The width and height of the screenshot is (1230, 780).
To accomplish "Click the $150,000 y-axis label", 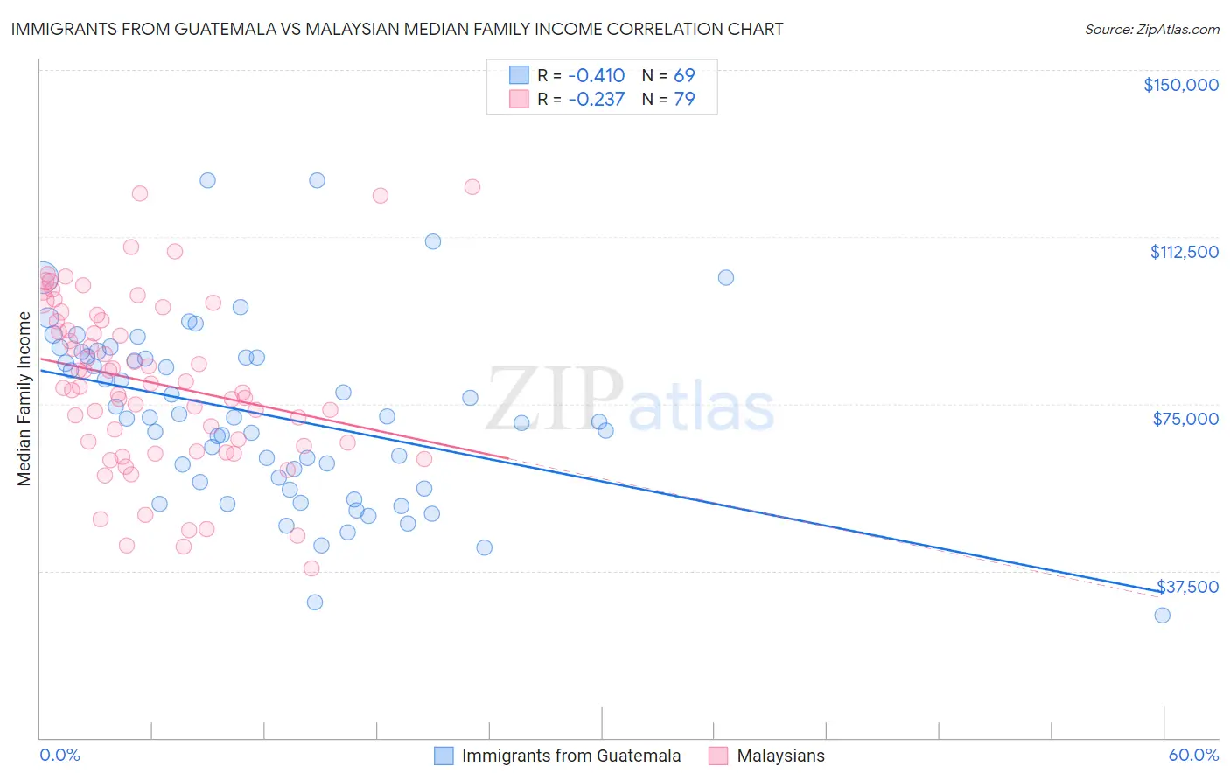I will click(1180, 85).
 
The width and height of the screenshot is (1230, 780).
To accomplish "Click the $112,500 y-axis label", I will click(1184, 252).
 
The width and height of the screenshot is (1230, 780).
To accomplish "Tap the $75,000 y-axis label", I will click(1185, 419).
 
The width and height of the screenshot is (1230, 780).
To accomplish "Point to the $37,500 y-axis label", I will click(1187, 587).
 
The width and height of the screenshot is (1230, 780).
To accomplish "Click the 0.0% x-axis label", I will click(59, 755).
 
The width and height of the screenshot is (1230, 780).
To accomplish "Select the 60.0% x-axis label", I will click(1193, 755).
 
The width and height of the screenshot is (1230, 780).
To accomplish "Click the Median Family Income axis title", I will click(24, 398).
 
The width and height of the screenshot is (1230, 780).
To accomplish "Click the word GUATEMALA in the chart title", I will click(221, 29).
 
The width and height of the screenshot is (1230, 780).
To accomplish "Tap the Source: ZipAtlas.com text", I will click(1151, 29).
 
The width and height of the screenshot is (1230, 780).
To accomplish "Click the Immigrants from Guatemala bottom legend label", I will click(570, 756).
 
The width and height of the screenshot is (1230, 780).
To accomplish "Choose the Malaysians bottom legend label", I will click(780, 756).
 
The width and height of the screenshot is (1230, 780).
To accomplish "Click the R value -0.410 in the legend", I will click(596, 75).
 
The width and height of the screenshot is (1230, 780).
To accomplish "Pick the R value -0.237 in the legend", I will click(596, 99).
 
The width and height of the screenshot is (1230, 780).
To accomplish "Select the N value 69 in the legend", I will click(684, 75).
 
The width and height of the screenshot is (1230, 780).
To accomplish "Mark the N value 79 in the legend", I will click(684, 99).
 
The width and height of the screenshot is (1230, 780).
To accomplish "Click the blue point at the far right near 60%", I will click(1162, 615).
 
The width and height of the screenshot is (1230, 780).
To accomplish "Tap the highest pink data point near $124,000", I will click(472, 186).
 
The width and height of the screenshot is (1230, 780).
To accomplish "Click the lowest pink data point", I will click(311, 568).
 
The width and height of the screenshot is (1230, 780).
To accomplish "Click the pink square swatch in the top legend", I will click(519, 99).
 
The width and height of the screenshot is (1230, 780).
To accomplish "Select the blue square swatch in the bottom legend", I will click(444, 756).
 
